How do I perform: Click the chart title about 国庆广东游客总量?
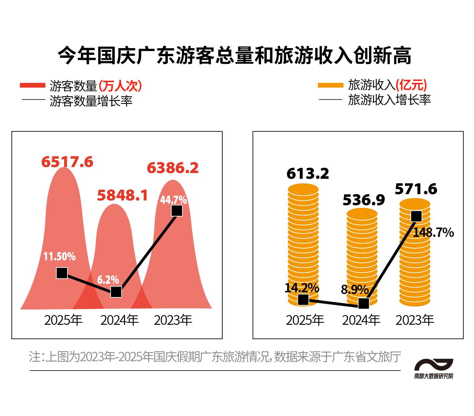pos(235,55)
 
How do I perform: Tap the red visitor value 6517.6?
pos(67,162)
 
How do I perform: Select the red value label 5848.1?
pos(122,195)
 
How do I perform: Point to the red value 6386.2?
pos(172,168)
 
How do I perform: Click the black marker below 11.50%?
pos(62,273)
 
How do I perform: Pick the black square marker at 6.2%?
pos(116,292)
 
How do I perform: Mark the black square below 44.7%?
pos(177,211)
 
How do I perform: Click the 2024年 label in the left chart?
pos(119,320)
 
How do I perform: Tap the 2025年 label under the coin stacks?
pos(305,320)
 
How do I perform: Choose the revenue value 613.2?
pos(308,173)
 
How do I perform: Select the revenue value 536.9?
pos(364,200)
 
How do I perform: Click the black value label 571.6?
pos(416,189)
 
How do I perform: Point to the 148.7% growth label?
pos(433,232)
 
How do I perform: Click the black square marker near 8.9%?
pos(363,303)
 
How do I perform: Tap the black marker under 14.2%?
pos(303,299)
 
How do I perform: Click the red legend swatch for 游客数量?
pos(32,86)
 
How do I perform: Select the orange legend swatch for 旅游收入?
pos(330,85)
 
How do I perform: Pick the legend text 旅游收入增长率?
pos(389,100)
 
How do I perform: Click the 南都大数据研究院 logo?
pos(434,369)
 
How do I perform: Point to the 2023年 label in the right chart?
pos(414,320)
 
